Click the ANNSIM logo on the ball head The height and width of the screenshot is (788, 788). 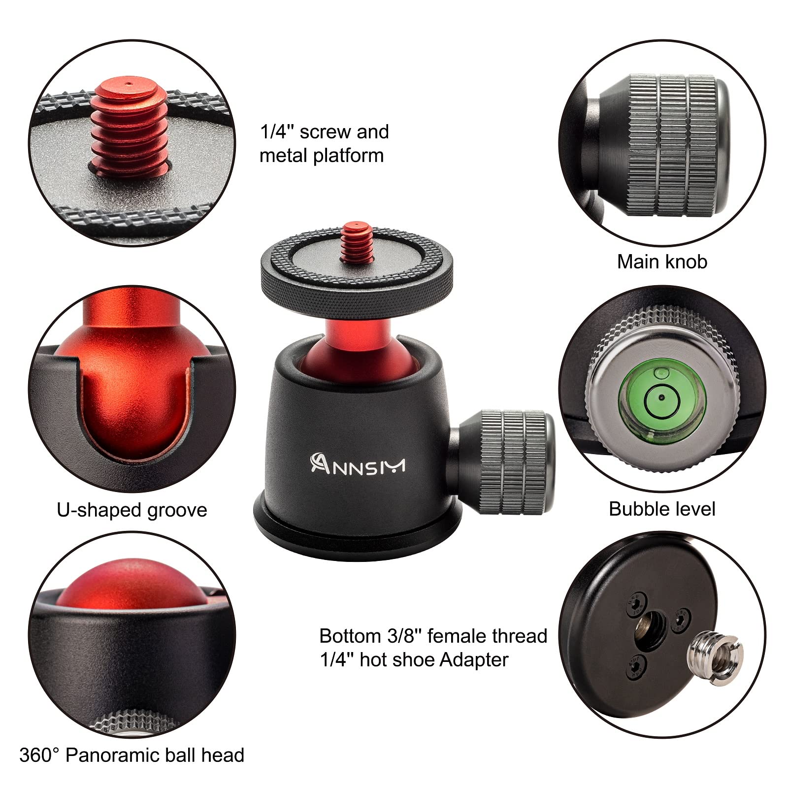coord(358,464)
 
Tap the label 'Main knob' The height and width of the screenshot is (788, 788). coord(662,262)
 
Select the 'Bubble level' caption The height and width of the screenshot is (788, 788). coord(662,509)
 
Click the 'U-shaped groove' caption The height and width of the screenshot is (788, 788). coord(132,510)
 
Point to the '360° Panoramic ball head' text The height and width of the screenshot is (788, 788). coord(132,755)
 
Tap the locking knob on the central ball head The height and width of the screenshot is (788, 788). coord(512,460)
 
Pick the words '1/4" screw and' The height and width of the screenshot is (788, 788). coord(324,132)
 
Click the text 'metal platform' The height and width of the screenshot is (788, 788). coord(321,156)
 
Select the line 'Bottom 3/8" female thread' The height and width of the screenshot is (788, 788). coord(433,636)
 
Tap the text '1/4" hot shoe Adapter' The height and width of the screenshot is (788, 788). coord(414,659)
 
